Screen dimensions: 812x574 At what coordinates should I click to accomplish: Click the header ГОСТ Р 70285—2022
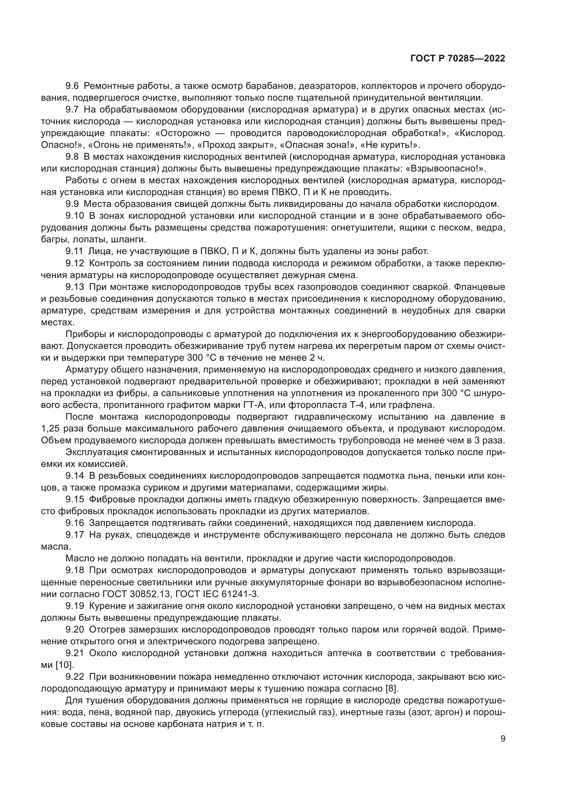point(458,59)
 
